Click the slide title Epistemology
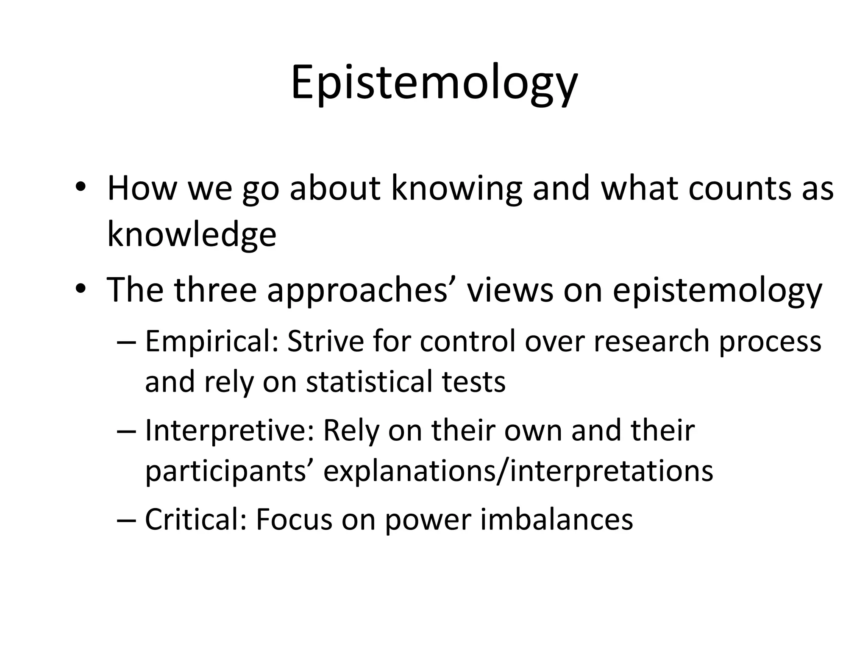coord(434,82)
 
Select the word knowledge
coord(192,234)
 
